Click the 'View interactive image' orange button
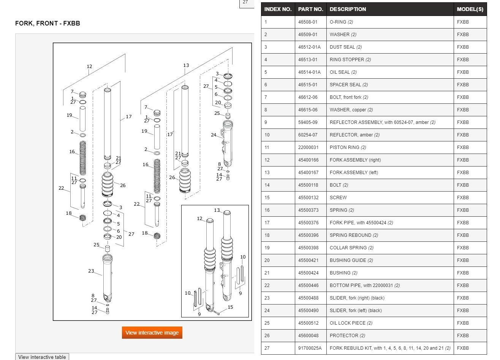pos(152,333)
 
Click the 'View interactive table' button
pos(42,357)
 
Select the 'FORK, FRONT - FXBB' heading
pos(47,24)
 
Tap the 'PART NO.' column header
pos(310,9)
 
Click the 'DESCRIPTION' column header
pos(348,9)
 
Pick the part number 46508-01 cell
pos(307,22)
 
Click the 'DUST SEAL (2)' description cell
pos(345,47)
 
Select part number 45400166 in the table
pos(308,160)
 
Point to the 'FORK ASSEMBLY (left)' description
pos(354,173)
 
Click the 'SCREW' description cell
pos(338,198)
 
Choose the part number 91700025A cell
pos(310,348)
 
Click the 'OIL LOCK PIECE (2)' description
pos(351,323)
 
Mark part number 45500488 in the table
pos(308,298)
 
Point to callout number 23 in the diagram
pos(91,271)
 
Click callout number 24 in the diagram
pos(214,135)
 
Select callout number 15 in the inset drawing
pos(230,307)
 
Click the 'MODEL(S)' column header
pos(470,9)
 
